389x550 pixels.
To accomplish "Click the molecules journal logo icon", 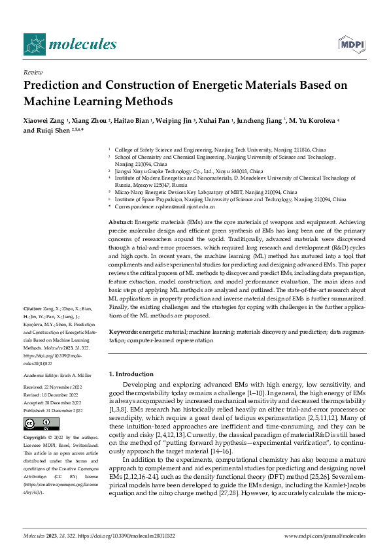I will [34, 44].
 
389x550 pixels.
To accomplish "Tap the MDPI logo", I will [352, 44].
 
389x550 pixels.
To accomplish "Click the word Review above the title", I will [32, 72].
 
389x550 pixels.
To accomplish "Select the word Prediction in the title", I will [57, 85].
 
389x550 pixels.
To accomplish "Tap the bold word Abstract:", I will [121, 223].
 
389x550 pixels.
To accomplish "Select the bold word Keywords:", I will [123, 332].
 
